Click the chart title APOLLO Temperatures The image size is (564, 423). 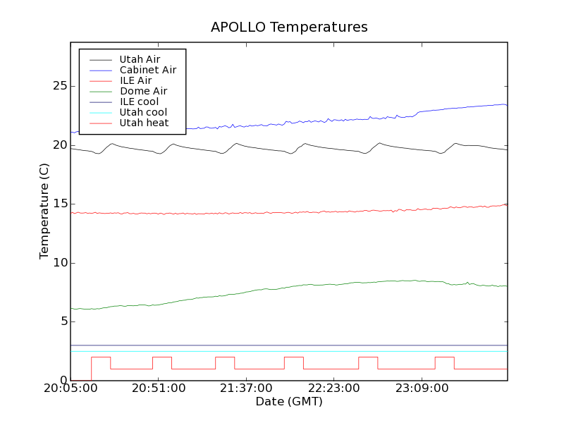click(289, 27)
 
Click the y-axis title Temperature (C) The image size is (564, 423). click(44, 211)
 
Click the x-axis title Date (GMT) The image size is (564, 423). click(289, 402)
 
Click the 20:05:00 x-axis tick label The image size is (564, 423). click(71, 388)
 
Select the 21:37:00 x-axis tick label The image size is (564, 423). click(246, 388)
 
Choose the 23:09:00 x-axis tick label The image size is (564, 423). click(421, 388)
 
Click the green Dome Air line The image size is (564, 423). click(282, 288)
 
